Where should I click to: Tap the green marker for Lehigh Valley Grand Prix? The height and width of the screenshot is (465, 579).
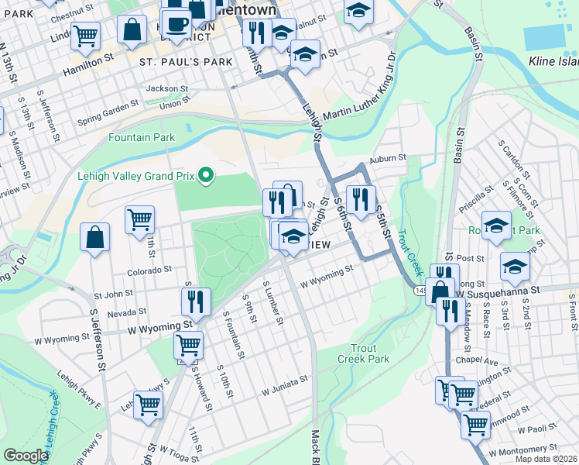(x=205, y=176)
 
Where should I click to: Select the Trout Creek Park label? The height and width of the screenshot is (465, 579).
(x=369, y=353)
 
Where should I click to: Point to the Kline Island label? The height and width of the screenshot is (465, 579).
(x=553, y=60)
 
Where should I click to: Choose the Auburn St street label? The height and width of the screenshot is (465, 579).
(x=387, y=158)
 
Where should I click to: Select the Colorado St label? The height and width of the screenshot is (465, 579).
(x=149, y=270)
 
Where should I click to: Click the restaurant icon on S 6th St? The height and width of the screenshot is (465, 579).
(x=360, y=199)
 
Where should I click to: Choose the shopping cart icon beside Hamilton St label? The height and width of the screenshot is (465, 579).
(x=85, y=35)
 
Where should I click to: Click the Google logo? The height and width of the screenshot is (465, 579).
(x=26, y=456)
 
